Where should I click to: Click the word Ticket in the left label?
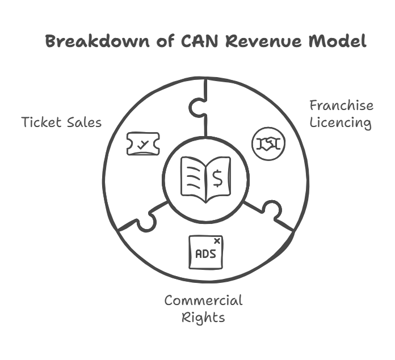pos(40,122)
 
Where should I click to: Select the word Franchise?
pos(341,105)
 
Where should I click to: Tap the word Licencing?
pos(341,123)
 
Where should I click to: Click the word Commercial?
pos(203,300)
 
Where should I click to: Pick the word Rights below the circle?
pos(203,317)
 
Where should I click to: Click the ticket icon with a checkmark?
pos(142,144)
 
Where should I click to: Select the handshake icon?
pos(268,143)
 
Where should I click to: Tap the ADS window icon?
pos(205,252)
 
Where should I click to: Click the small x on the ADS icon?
pos(216,241)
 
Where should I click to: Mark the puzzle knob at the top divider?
pos(197,107)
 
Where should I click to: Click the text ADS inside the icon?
pos(205,254)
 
